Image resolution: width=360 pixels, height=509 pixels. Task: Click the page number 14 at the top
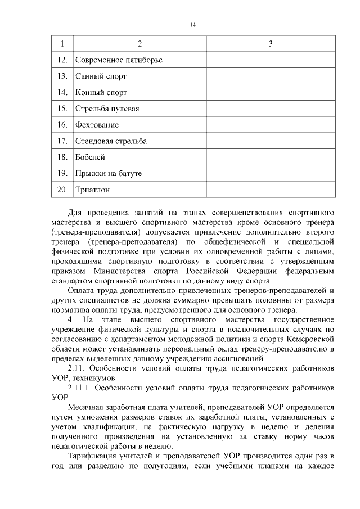point(192,25)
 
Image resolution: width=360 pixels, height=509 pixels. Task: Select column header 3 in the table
point(271,44)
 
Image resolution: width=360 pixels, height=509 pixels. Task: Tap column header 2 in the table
point(139,44)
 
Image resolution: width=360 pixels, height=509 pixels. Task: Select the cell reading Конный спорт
point(101,92)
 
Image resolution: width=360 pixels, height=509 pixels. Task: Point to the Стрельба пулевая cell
point(107,109)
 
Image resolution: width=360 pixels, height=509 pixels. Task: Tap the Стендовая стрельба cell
point(111,141)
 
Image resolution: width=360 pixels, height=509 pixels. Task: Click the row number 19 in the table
point(62,174)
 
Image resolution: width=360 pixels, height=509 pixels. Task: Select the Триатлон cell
point(92,190)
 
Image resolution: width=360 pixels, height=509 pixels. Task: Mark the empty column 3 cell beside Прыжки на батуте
point(271,174)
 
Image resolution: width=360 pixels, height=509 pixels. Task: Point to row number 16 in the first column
point(62,125)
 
